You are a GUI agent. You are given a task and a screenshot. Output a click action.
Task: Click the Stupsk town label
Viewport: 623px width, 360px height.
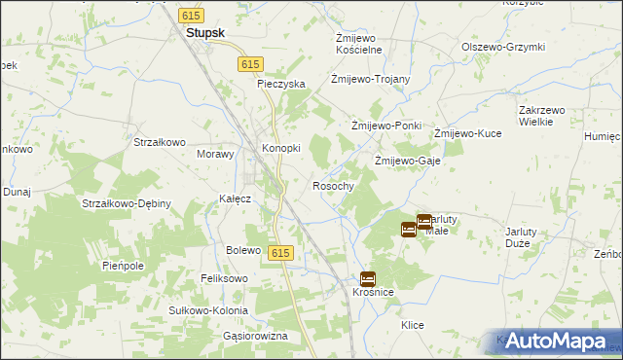pyautogui.click(x=205, y=32)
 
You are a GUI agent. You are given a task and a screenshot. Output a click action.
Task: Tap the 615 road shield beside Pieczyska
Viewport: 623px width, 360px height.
pyautogui.click(x=250, y=63)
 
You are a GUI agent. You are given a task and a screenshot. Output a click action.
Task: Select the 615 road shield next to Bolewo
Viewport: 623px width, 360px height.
pyautogui.click(x=280, y=253)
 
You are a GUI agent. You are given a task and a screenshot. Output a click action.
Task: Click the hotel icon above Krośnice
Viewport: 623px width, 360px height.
pyautogui.click(x=367, y=278)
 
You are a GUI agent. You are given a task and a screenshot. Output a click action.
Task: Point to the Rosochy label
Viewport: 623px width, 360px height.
pyautogui.click(x=332, y=185)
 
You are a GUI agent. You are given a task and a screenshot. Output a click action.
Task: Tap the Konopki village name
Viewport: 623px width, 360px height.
pyautogui.click(x=281, y=148)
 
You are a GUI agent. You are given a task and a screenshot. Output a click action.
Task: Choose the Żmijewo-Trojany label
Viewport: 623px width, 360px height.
pyautogui.click(x=370, y=80)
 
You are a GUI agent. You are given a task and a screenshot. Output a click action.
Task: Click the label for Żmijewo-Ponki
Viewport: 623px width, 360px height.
pyautogui.click(x=385, y=126)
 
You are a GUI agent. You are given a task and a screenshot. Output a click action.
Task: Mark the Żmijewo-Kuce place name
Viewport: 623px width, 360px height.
pyautogui.click(x=467, y=133)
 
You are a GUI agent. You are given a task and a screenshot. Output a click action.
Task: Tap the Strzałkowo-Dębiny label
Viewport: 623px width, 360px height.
pyautogui.click(x=127, y=203)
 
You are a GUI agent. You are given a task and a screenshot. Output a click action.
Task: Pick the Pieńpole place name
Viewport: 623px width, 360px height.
pyautogui.click(x=123, y=265)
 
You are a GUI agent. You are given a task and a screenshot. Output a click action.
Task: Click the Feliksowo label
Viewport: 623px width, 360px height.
pyautogui.click(x=225, y=278)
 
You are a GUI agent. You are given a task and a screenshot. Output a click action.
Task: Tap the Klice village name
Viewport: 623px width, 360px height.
pyautogui.click(x=412, y=325)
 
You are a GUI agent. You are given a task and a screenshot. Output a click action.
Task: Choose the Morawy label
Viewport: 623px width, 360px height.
pyautogui.click(x=216, y=154)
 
